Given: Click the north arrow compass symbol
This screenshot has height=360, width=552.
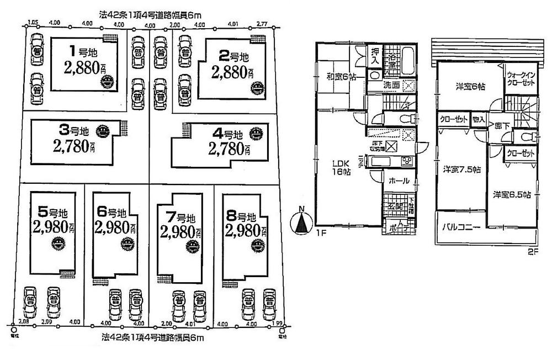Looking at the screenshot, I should click(x=300, y=221).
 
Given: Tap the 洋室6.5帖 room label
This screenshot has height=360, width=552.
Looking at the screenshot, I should click(x=512, y=194).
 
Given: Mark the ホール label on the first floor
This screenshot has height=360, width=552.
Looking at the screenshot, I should click(x=395, y=181).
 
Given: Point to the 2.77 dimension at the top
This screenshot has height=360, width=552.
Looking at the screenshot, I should click(x=262, y=24).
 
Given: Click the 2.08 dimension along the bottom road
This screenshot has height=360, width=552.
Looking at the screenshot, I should click(x=23, y=322).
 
